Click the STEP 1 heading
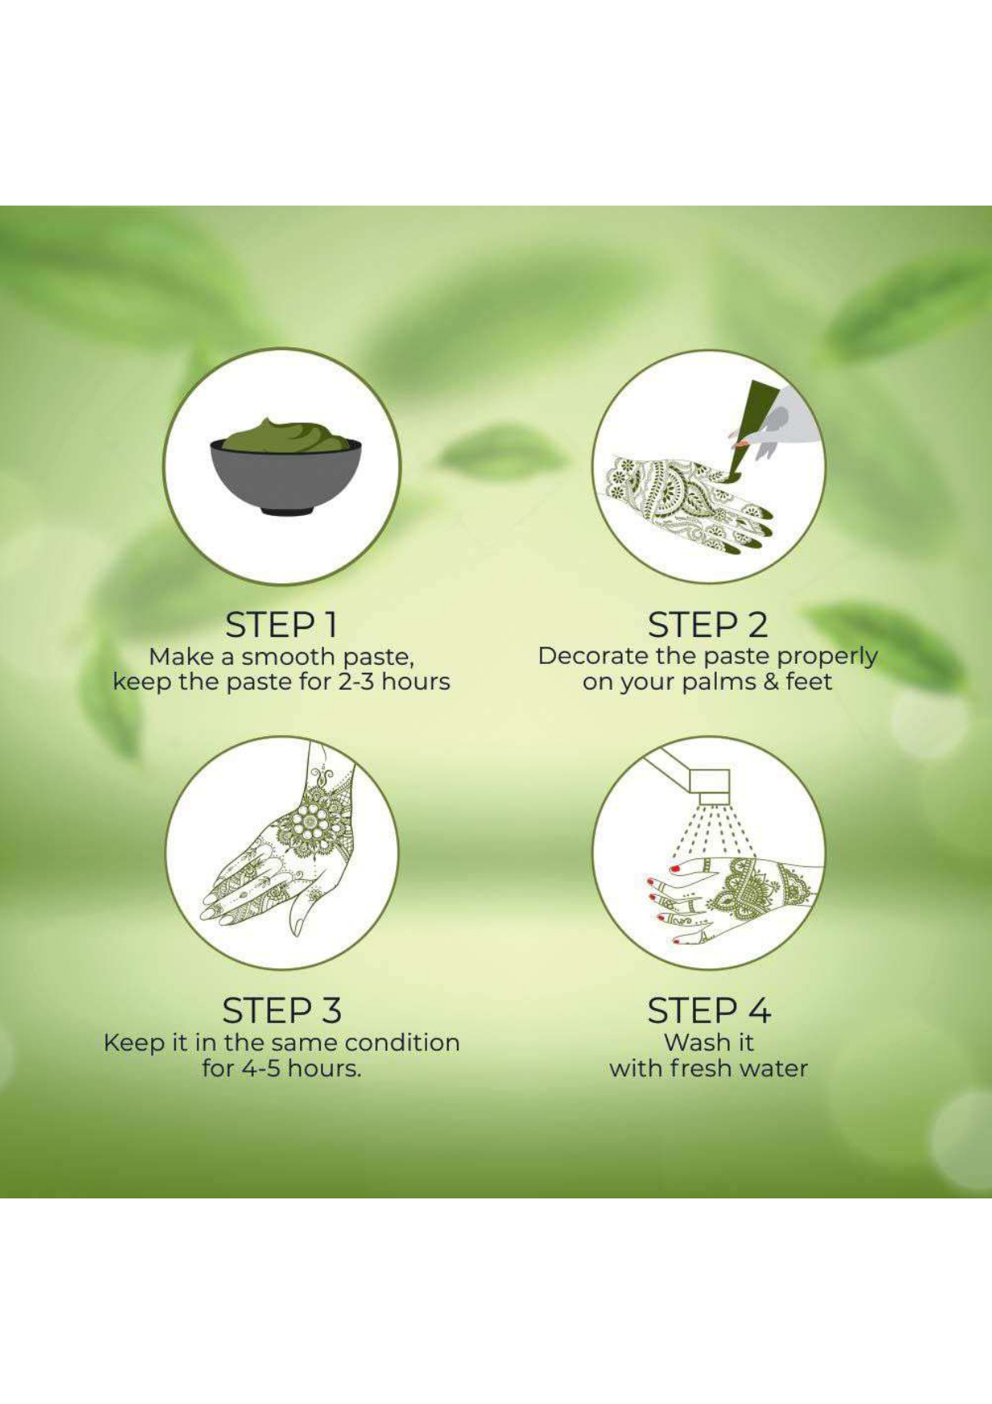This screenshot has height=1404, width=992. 281,625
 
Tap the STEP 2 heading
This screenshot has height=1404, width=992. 707,625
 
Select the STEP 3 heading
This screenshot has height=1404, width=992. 282,1010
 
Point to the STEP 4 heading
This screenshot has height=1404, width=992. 709,1010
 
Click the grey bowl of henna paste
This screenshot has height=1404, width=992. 286,478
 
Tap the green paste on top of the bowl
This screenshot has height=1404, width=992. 286,436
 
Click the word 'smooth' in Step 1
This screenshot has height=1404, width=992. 288,657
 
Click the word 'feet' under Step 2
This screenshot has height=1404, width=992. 809,682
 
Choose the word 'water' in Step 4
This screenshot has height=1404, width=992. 774,1069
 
